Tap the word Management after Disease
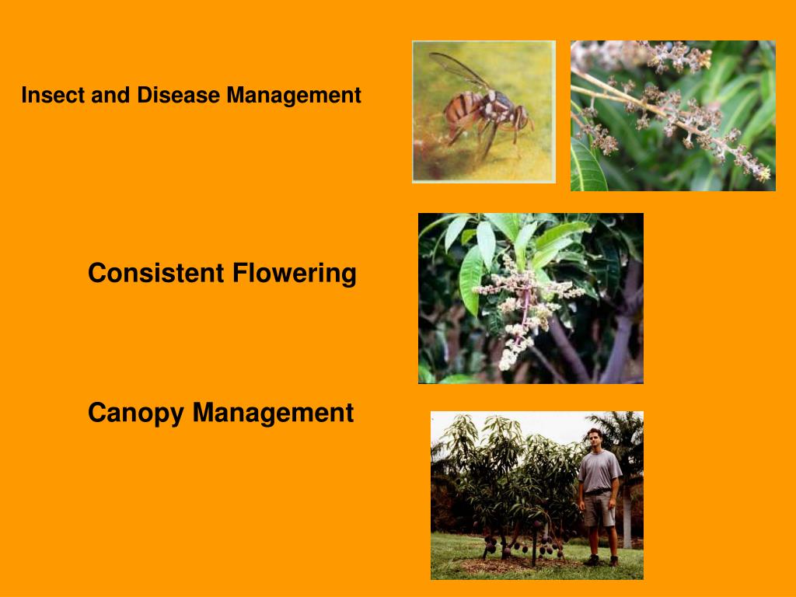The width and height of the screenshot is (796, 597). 294,96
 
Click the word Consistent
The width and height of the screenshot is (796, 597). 156,274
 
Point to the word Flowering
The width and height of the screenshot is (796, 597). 294,274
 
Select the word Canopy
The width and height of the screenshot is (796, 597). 137,413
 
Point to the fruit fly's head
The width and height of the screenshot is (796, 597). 520,118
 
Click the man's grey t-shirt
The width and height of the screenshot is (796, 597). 599,470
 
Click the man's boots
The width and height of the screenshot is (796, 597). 602,560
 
